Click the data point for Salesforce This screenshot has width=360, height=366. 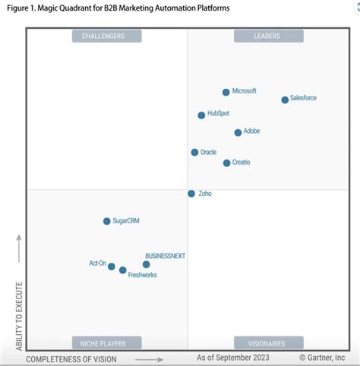coord(285,99)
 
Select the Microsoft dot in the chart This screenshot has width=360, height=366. coord(226,92)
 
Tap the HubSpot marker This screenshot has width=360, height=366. coord(201,115)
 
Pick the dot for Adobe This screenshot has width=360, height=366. coord(238,132)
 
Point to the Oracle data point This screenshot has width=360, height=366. coord(194,153)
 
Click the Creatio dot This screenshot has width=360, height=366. coord(226,163)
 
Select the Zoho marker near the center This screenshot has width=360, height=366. coord(191,194)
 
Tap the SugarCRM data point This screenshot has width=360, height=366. coord(106,221)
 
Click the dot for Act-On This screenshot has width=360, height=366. coord(112,267)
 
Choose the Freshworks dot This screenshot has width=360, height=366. coord(123,270)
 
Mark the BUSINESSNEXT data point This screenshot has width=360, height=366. coord(146,264)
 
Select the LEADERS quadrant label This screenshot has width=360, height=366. coord(268,36)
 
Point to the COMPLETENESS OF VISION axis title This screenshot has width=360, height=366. coord(82,358)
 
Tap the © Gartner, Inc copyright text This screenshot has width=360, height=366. coord(321,357)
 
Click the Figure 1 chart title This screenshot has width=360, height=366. coord(118,8)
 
